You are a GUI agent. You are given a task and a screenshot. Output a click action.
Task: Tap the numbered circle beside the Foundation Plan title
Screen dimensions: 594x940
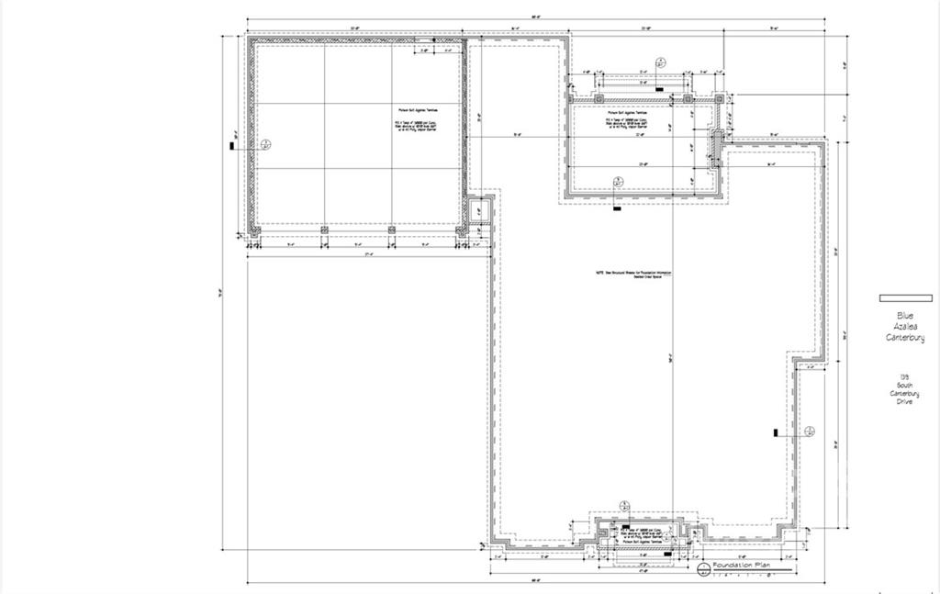click(x=704, y=570)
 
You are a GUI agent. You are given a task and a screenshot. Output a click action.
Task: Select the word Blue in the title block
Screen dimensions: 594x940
click(x=904, y=316)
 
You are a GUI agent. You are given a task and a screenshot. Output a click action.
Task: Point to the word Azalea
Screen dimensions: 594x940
click(x=904, y=327)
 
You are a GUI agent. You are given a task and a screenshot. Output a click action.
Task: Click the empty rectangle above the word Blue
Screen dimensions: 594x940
click(x=905, y=298)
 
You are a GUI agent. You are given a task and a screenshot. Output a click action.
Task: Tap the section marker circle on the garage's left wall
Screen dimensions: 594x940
click(x=266, y=144)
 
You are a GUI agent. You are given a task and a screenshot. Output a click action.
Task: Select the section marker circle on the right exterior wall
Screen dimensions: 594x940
click(x=809, y=431)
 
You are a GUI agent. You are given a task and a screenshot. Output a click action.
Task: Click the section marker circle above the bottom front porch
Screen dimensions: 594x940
click(x=625, y=506)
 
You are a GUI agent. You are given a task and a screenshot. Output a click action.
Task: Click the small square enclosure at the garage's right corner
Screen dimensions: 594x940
click(x=477, y=212)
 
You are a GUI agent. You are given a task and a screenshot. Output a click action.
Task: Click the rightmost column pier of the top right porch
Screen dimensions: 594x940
click(x=720, y=98)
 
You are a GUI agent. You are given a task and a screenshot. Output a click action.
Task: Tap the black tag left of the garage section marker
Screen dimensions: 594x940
click(x=232, y=144)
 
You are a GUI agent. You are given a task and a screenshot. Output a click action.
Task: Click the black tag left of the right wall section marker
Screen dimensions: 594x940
click(x=777, y=431)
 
